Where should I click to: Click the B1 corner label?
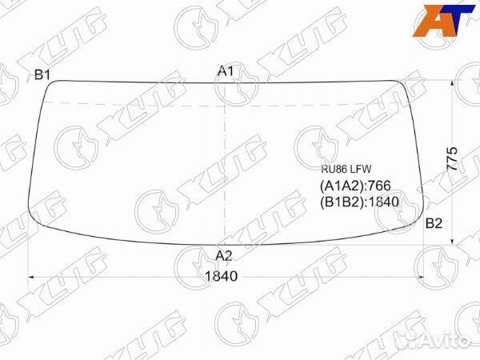point(42,74)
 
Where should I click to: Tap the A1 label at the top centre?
point(226,71)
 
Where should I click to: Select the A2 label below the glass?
point(224,256)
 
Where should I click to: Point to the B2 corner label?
point(434,224)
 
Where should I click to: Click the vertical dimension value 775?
point(452,158)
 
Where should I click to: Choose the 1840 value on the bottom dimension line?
point(221,276)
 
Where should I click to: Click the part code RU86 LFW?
point(346,169)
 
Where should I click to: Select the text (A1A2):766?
point(355,186)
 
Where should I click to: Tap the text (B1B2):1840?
point(359,202)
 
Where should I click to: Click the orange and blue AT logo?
point(443,21)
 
